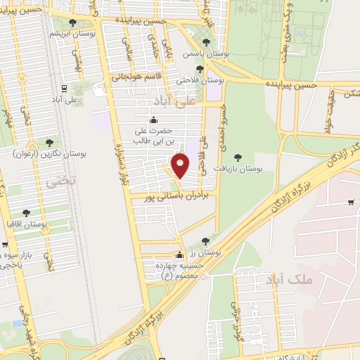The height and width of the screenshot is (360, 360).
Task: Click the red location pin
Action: pos(181,166)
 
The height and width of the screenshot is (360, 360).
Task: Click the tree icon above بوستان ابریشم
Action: pos(72,23)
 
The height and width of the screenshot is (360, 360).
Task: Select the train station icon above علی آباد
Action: pos(64,89)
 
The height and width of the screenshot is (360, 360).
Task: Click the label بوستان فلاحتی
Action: pos(204,81)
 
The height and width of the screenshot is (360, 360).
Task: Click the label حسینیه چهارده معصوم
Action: pos(179,270)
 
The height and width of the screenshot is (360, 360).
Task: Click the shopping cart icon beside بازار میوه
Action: pos(5,245)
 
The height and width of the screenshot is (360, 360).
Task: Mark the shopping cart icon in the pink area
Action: pos(351,203)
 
